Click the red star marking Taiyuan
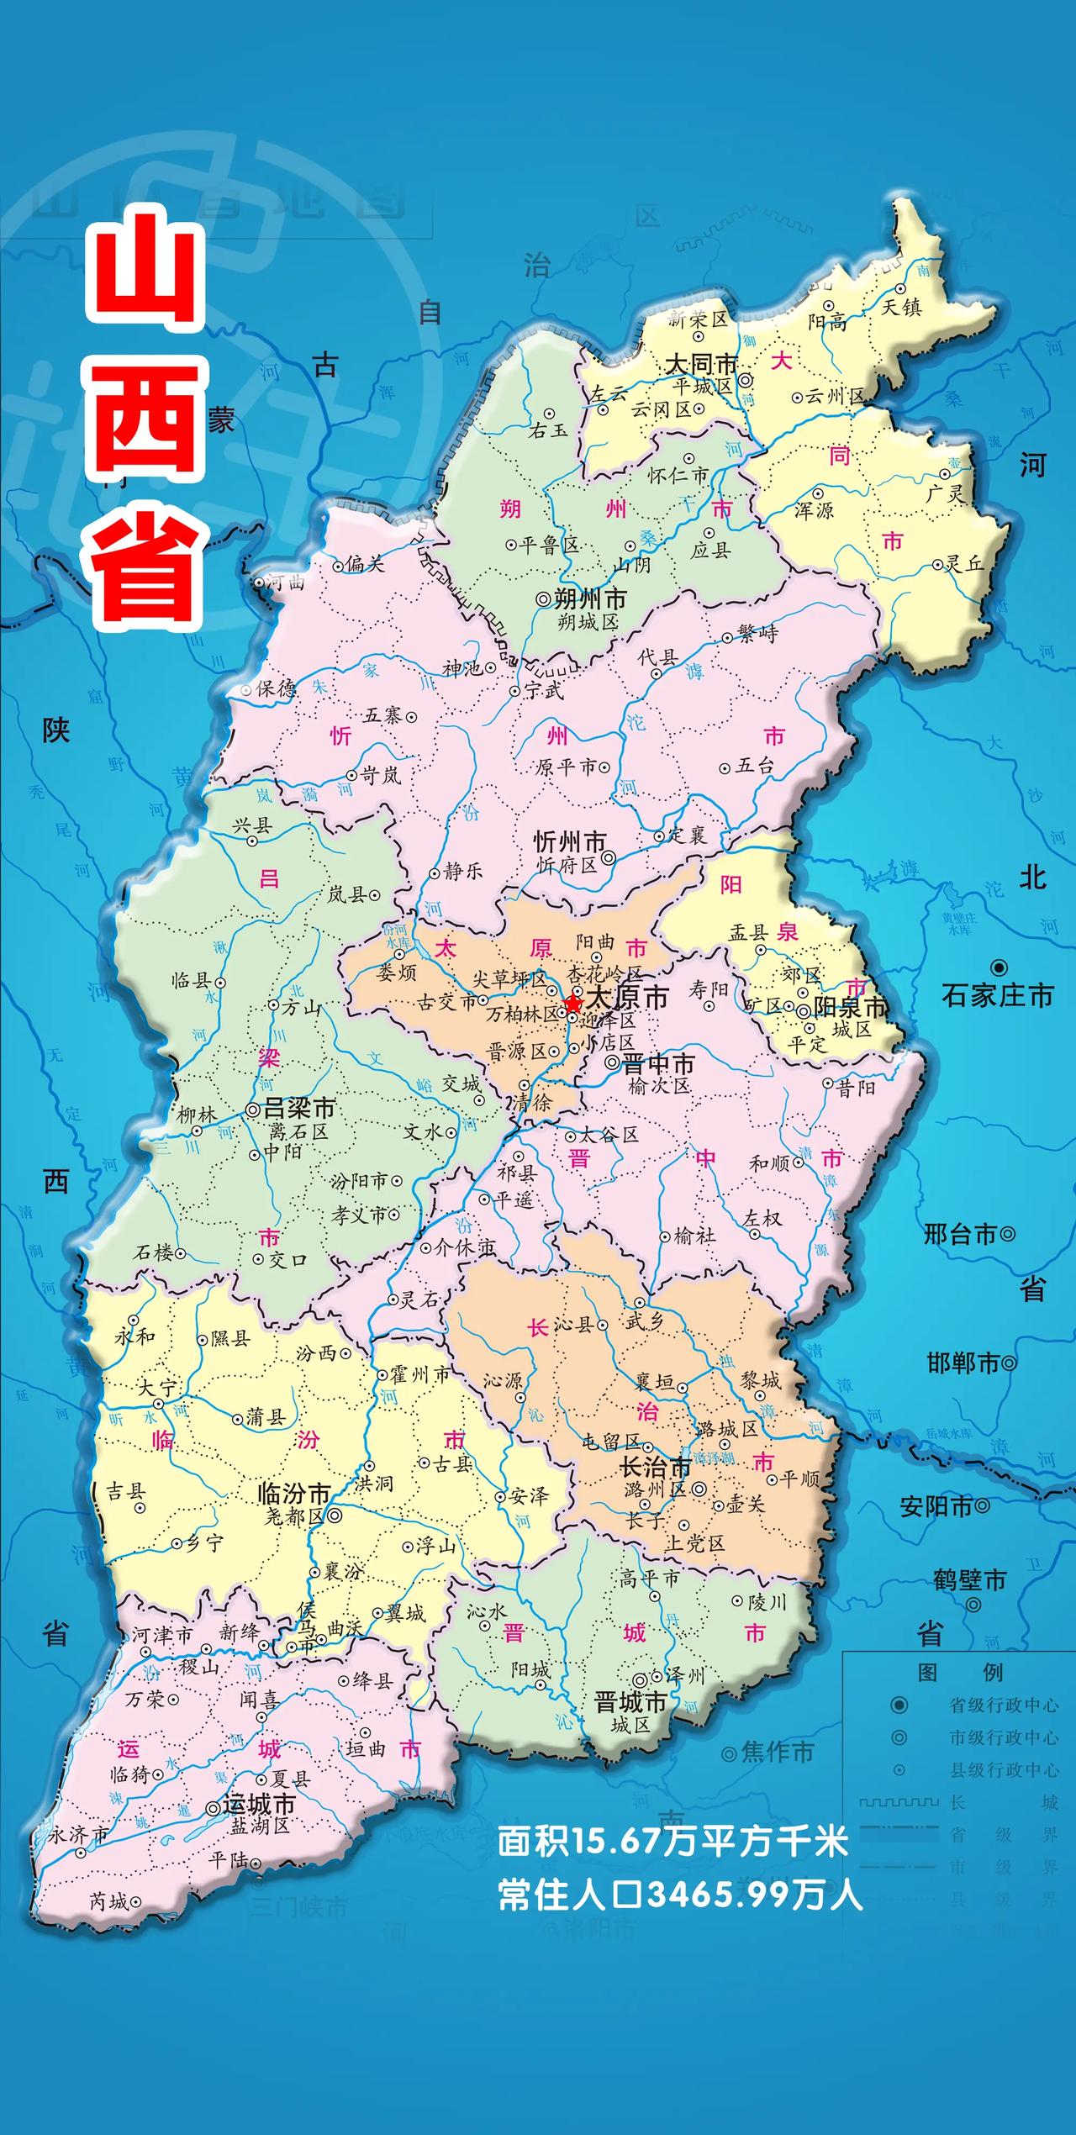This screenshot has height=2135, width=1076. (573, 1003)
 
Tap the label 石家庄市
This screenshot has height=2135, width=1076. (997, 996)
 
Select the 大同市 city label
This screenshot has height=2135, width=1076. (701, 365)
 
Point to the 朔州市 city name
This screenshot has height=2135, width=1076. (591, 599)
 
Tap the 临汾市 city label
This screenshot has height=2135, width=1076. (293, 1494)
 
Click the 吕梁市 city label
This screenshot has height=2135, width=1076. (299, 1108)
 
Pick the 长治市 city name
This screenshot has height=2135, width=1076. (655, 1468)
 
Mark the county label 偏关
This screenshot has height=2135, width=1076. (365, 564)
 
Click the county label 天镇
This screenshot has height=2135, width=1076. (901, 307)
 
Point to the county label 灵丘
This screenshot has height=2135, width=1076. (963, 564)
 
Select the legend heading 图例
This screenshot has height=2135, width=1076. (959, 1672)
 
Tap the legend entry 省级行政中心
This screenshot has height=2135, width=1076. (1004, 1705)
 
